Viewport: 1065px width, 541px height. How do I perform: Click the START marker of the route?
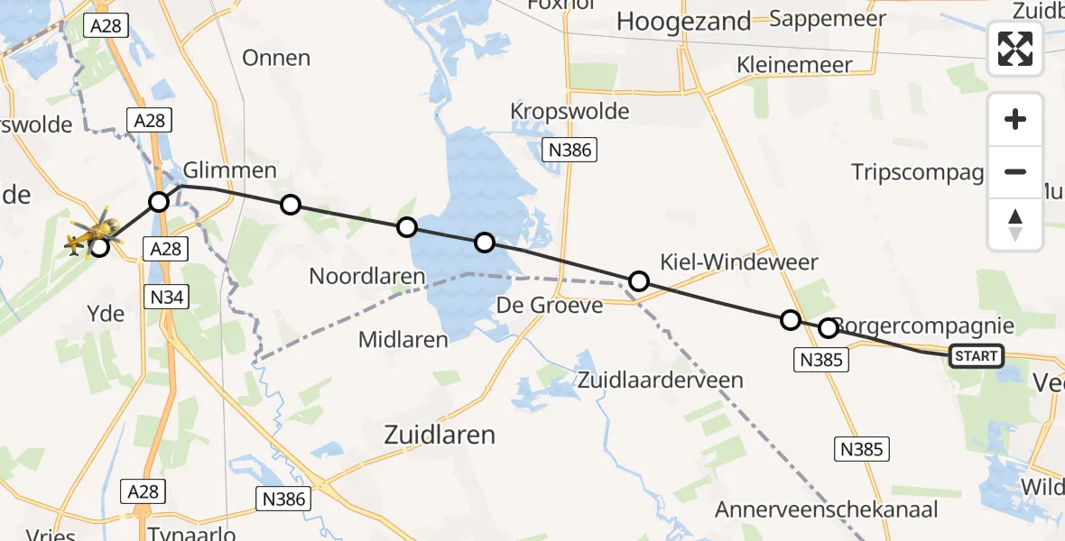coord(976,356)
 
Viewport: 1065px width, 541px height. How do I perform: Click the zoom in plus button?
coord(1015,120)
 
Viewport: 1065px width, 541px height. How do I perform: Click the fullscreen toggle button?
coord(1015,49)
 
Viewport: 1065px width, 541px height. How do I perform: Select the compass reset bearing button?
coord(1015,225)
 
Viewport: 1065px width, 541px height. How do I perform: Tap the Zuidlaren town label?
coord(440,436)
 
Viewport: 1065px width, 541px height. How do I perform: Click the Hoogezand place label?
coord(683,23)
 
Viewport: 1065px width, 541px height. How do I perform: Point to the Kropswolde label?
coord(570,112)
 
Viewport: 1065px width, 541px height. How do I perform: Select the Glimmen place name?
coord(229,170)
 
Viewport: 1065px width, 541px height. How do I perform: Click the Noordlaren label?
coord(367,276)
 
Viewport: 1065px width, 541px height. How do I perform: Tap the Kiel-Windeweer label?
coord(739,262)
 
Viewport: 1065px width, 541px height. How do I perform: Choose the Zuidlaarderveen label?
coord(662,380)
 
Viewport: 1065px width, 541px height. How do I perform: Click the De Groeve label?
coord(550,307)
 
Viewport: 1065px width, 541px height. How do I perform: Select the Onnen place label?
coord(276,59)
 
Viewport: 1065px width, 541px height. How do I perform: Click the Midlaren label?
coord(403,340)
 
